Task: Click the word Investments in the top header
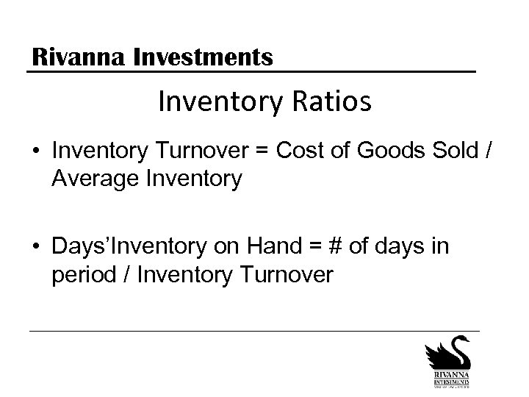click(x=204, y=56)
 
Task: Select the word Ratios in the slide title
click(x=329, y=102)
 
